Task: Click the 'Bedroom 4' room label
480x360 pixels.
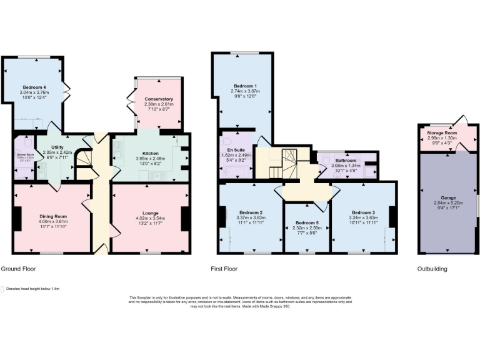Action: click(x=34, y=87)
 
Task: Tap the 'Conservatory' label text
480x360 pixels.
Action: click(x=158, y=99)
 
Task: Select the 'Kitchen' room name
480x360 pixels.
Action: click(x=150, y=152)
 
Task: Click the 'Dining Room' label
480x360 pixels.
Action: click(x=52, y=216)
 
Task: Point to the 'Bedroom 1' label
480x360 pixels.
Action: click(x=246, y=86)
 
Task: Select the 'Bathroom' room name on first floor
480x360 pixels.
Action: click(x=346, y=161)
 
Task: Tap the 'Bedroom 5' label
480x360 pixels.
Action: click(x=307, y=223)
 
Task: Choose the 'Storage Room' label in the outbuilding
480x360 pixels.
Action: click(x=442, y=132)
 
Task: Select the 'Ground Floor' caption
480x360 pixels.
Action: click(x=18, y=269)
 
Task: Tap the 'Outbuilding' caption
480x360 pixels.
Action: click(x=432, y=269)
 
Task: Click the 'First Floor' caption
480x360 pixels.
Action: click(x=225, y=269)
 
